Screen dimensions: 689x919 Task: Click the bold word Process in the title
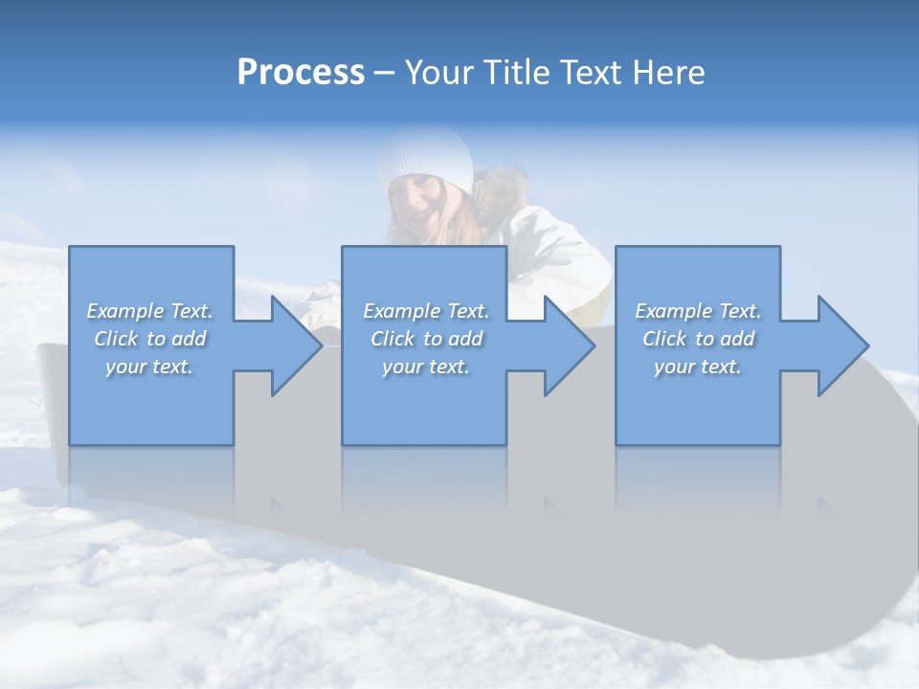click(x=301, y=73)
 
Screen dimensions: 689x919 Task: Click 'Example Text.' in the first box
click(x=149, y=311)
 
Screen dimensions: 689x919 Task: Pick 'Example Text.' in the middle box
click(x=426, y=311)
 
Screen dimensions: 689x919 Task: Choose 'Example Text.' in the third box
click(x=698, y=311)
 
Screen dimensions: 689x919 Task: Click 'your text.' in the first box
click(x=149, y=367)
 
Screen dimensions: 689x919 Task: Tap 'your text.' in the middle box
click(x=426, y=367)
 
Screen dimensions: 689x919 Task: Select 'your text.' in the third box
click(x=698, y=367)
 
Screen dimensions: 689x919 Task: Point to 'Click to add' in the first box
click(x=149, y=339)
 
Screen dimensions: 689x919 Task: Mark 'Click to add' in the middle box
click(x=426, y=339)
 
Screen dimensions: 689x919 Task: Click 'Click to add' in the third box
click(x=698, y=339)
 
